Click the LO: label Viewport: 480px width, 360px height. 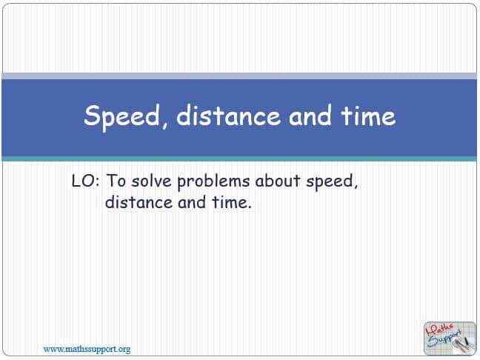86,181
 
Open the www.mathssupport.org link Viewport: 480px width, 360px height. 87,348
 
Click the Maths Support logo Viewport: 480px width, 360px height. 447,337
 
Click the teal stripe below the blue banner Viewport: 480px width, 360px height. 240,159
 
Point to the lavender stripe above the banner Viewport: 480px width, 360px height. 240,76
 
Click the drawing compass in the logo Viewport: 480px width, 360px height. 461,342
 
